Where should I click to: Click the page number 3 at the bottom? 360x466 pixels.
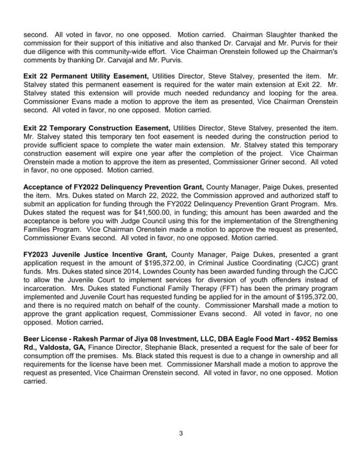[180, 432]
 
